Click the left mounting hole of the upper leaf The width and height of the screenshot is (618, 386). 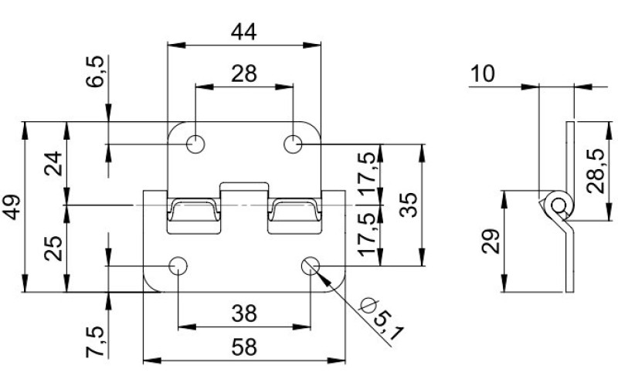[x=195, y=144]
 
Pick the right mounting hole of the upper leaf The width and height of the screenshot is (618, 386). [x=293, y=144]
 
